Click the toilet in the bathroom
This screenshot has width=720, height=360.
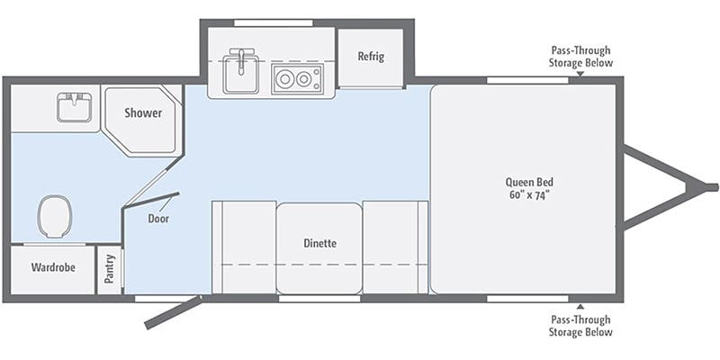[54, 216]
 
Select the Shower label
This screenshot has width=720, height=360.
[143, 113]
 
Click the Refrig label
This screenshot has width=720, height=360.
[371, 57]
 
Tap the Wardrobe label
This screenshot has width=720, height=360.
[52, 267]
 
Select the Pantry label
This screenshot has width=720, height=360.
[109, 269]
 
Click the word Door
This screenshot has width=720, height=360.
[158, 218]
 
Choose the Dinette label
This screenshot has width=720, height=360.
[319, 243]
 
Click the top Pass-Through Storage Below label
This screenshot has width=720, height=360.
[580, 57]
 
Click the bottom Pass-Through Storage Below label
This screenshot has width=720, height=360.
[580, 326]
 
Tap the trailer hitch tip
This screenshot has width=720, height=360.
[711, 187]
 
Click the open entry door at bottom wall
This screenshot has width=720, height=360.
[173, 310]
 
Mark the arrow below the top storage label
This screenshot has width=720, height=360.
[580, 74]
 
